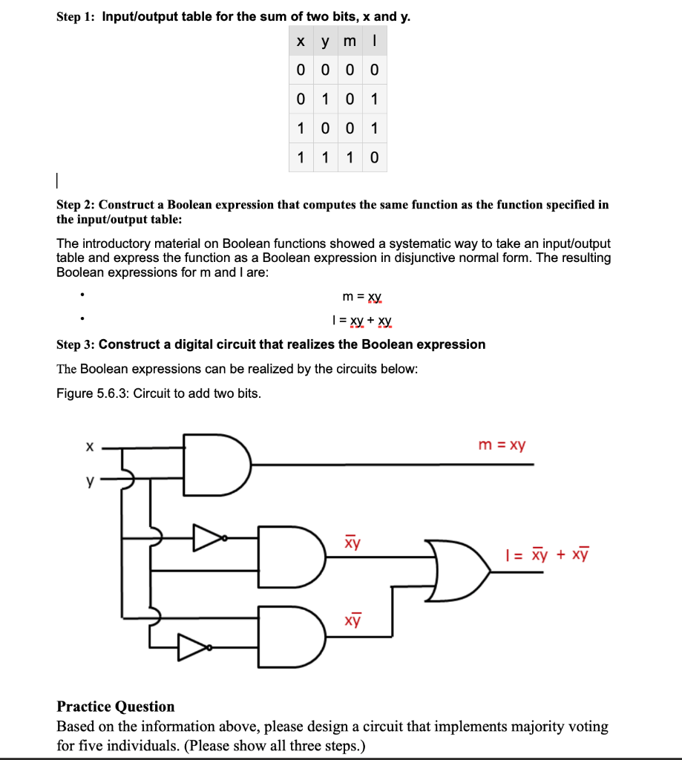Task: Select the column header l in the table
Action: pyautogui.click(x=375, y=44)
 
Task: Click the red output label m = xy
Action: pyautogui.click(x=502, y=445)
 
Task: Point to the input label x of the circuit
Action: pyautogui.click(x=89, y=447)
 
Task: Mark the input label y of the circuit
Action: pyautogui.click(x=90, y=482)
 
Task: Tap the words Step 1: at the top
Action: pyautogui.click(x=76, y=16)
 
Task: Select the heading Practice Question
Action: pyautogui.click(x=116, y=707)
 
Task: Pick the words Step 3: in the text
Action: pyautogui.click(x=76, y=344)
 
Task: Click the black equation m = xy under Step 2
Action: pyautogui.click(x=362, y=297)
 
